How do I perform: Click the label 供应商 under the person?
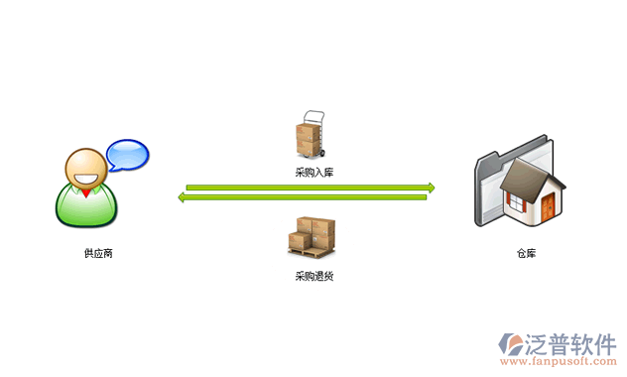(98, 253)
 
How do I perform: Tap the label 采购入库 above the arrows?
(313, 173)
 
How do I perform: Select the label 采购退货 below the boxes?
(313, 275)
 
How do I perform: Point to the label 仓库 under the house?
(526, 253)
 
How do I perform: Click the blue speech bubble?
(127, 155)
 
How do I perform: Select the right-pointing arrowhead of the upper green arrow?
(430, 187)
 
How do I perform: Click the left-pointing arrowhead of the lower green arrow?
(183, 197)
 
